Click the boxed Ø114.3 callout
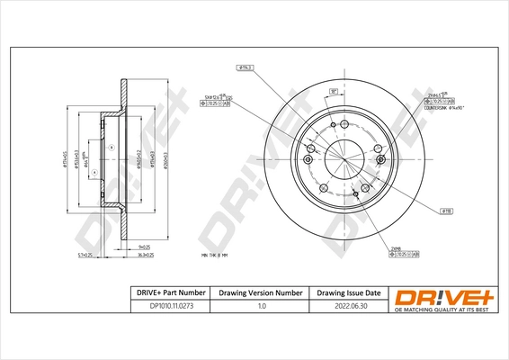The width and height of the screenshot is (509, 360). (244, 67)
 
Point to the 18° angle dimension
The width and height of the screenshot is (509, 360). (333, 91)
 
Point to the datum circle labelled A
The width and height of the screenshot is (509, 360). (110, 147)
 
